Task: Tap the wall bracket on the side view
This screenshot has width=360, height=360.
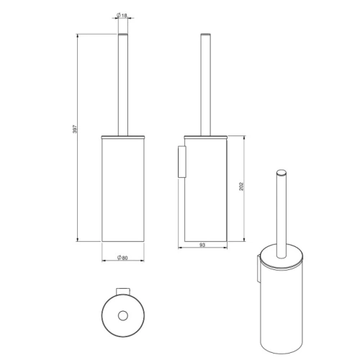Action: click(181, 161)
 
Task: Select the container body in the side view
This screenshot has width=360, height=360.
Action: click(205, 191)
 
